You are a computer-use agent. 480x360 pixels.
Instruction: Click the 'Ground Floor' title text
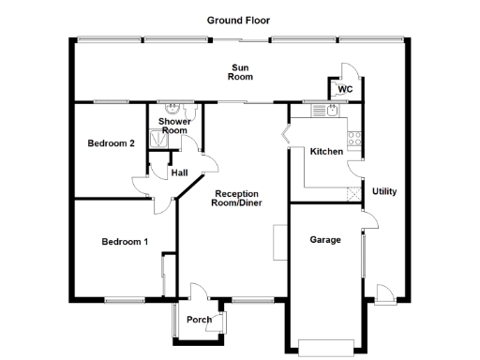click(239, 19)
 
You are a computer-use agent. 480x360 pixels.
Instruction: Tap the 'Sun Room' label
click(241, 71)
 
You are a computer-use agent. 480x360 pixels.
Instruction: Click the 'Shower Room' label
click(175, 126)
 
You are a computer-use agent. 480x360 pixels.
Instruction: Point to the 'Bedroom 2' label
click(112, 143)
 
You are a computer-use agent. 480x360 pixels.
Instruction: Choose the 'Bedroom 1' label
click(125, 242)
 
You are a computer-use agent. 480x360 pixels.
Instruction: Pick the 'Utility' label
click(384, 191)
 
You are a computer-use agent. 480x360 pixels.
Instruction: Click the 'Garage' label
click(325, 239)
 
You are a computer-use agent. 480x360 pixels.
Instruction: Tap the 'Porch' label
click(199, 320)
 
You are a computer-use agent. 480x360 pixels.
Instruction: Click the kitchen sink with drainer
click(325, 111)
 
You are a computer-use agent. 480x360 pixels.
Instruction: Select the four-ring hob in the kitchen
click(355, 141)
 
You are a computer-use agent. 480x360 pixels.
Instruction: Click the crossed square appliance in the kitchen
click(352, 194)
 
